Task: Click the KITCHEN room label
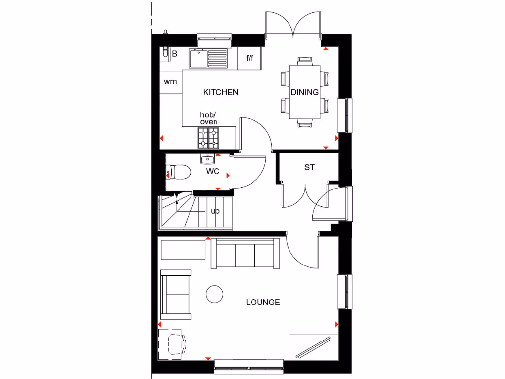pos(221,92)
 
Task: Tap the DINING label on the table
pos(304,92)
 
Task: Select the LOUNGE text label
pos(263,302)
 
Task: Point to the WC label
pos(213,172)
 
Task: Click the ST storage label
pos(309,168)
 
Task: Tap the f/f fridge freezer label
pos(250,58)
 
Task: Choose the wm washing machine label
pos(170,82)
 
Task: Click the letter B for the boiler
pos(174,54)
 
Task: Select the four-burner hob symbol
pos(208,138)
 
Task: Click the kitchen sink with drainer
pos(209,58)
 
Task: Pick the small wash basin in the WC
pos(208,159)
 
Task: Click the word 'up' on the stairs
pos(215,211)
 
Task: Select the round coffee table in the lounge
pos(215,294)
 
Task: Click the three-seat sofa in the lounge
pos(245,253)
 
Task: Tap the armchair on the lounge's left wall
pos(176,294)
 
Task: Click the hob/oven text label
pos(208,118)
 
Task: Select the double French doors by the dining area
pos(294,25)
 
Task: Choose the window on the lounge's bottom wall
pos(249,366)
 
